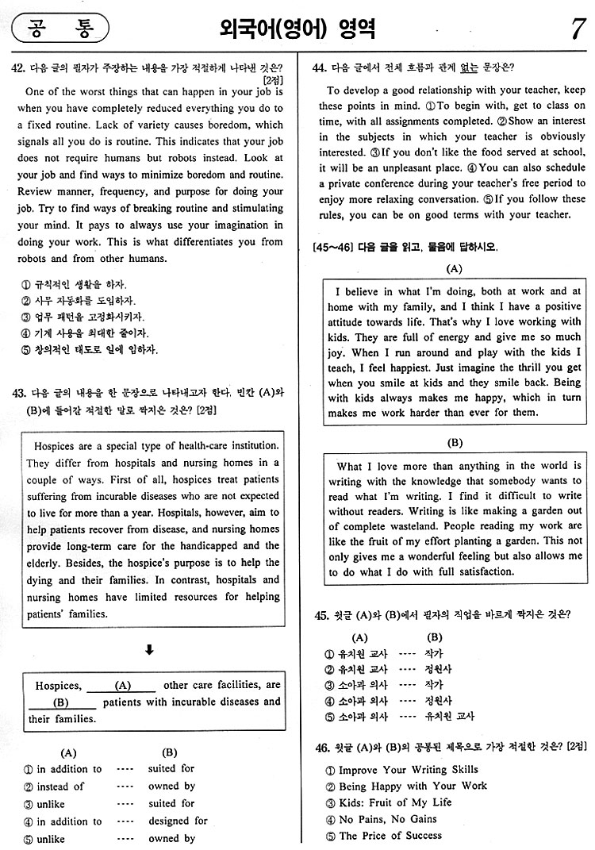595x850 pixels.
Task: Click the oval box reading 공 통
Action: click(x=59, y=30)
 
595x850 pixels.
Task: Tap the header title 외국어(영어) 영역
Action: click(x=297, y=30)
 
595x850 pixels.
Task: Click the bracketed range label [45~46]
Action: click(x=327, y=248)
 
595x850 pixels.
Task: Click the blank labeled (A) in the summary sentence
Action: click(x=122, y=685)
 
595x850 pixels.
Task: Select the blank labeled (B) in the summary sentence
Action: click(x=62, y=702)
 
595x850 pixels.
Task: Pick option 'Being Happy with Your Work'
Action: click(x=413, y=786)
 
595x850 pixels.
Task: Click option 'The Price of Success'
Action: click(x=390, y=836)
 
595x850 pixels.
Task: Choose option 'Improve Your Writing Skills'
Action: click(x=408, y=770)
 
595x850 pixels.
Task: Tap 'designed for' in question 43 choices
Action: click(x=178, y=821)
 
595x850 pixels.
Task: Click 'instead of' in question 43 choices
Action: click(x=60, y=786)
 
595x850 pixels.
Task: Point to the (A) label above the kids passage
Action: click(x=455, y=268)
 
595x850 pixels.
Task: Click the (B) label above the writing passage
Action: click(x=455, y=443)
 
